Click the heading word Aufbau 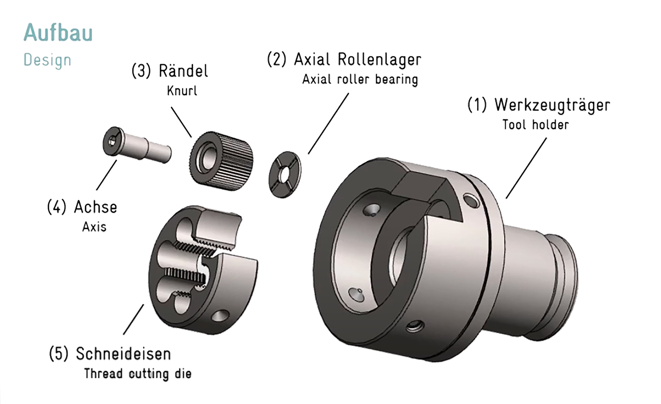click(58, 33)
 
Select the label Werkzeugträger click(552, 105)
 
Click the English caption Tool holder click(536, 125)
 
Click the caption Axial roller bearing click(360, 79)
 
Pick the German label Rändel click(183, 71)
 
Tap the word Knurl click(182, 91)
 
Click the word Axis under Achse click(94, 227)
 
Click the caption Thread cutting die click(138, 373)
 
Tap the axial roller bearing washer click(285, 174)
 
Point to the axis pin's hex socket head click(112, 140)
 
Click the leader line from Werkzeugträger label click(526, 168)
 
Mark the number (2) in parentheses click(277, 59)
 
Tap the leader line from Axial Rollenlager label click(328, 124)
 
